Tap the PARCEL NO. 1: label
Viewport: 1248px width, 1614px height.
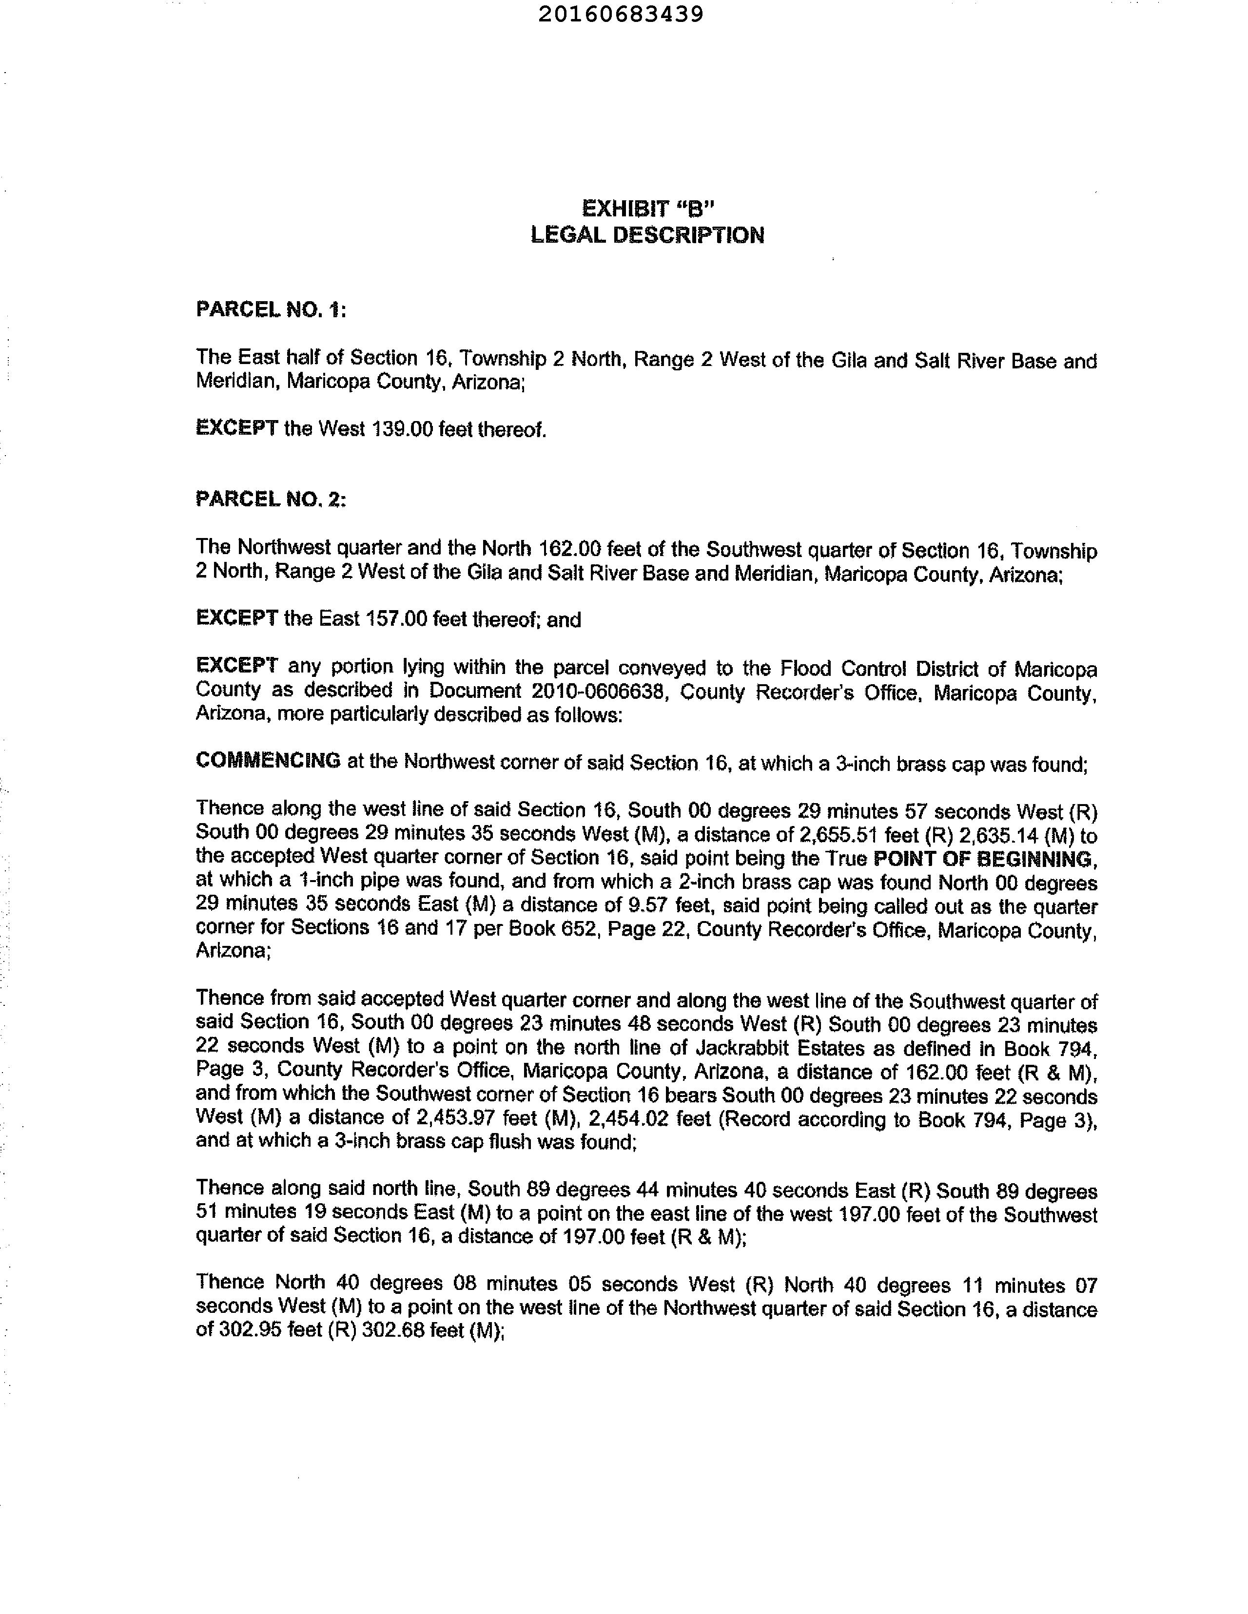pos(271,309)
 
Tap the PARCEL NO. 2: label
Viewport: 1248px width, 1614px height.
pos(271,500)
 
